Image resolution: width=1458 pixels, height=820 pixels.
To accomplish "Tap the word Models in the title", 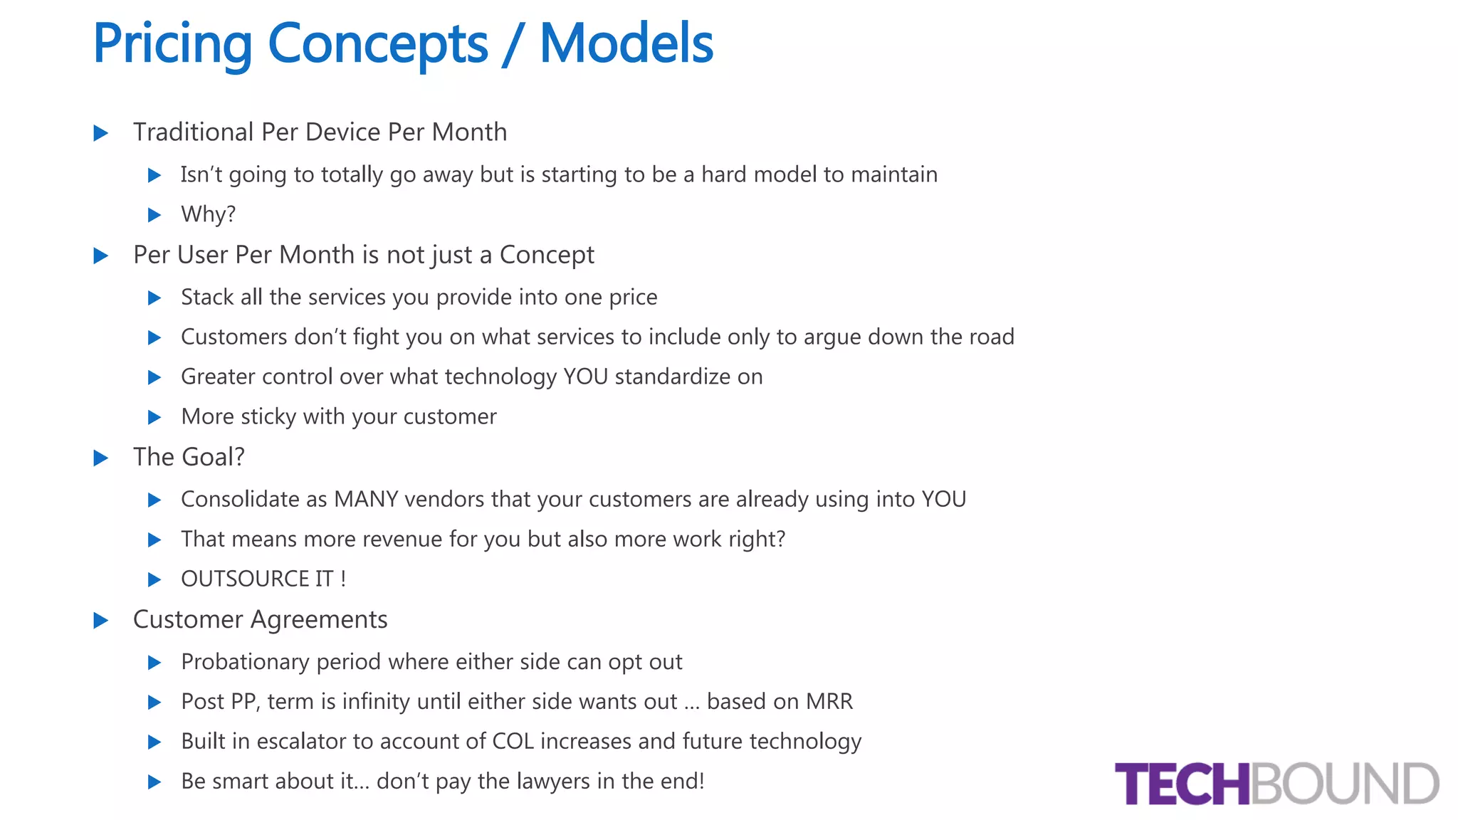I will [626, 44].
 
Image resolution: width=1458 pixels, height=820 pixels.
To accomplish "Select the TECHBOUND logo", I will [1276, 784].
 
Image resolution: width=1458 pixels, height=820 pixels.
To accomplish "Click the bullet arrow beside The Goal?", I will [101, 458].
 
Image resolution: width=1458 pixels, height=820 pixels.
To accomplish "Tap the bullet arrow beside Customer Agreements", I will [101, 620].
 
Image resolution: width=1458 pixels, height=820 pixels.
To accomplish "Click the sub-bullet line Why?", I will [208, 214].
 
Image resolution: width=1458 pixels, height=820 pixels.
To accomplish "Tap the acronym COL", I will [513, 741].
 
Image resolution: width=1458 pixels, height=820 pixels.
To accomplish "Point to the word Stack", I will [207, 297].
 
